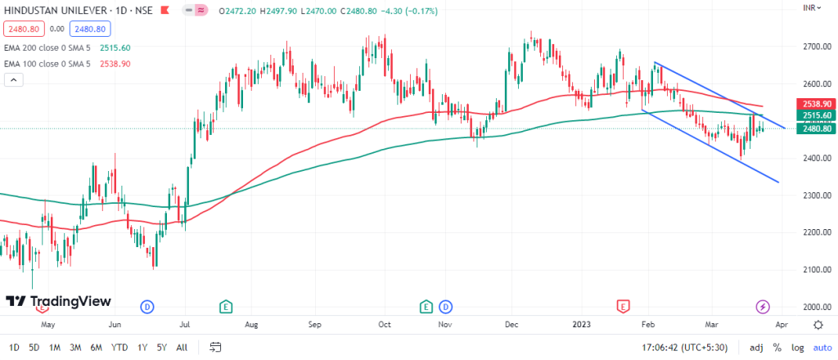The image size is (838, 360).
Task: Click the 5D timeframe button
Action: coord(34,347)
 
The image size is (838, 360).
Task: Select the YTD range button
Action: coord(119,347)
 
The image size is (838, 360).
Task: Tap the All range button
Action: coord(182,347)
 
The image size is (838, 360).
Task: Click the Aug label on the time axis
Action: coord(251,324)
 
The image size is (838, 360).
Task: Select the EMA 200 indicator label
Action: coord(49,48)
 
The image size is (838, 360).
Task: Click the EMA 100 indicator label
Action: coord(49,64)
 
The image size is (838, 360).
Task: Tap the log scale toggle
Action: coord(798,347)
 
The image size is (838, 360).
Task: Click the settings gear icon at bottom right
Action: coord(818,324)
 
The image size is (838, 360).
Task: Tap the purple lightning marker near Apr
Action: coord(763,307)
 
